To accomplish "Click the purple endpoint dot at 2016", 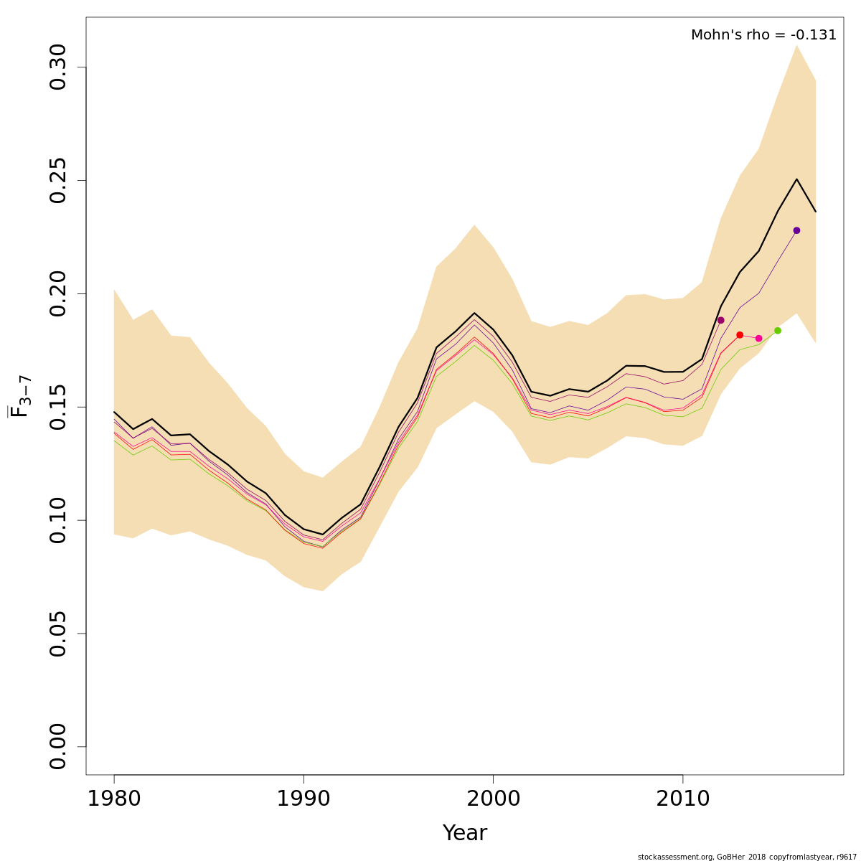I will point(796,230).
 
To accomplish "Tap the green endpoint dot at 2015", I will point(777,331).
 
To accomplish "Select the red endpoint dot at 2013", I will point(740,335).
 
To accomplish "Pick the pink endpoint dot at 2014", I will point(758,338).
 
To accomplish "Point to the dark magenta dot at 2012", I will point(721,320).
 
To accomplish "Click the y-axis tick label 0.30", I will point(57,67).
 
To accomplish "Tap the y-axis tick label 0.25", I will point(57,181).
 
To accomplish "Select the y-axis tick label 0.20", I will point(57,294).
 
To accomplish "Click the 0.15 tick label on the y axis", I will point(57,407).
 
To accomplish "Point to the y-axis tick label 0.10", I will point(57,520).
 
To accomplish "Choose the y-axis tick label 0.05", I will point(57,634).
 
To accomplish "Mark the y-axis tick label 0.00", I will point(57,747).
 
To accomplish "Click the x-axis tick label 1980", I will point(114,799).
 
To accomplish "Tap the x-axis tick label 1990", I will point(304,799).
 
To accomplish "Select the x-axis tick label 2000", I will point(493,799).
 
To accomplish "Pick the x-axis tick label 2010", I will point(682,799).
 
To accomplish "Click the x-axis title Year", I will point(465,833).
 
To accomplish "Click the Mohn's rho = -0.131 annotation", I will point(763,35).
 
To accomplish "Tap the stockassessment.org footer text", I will point(747,857).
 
